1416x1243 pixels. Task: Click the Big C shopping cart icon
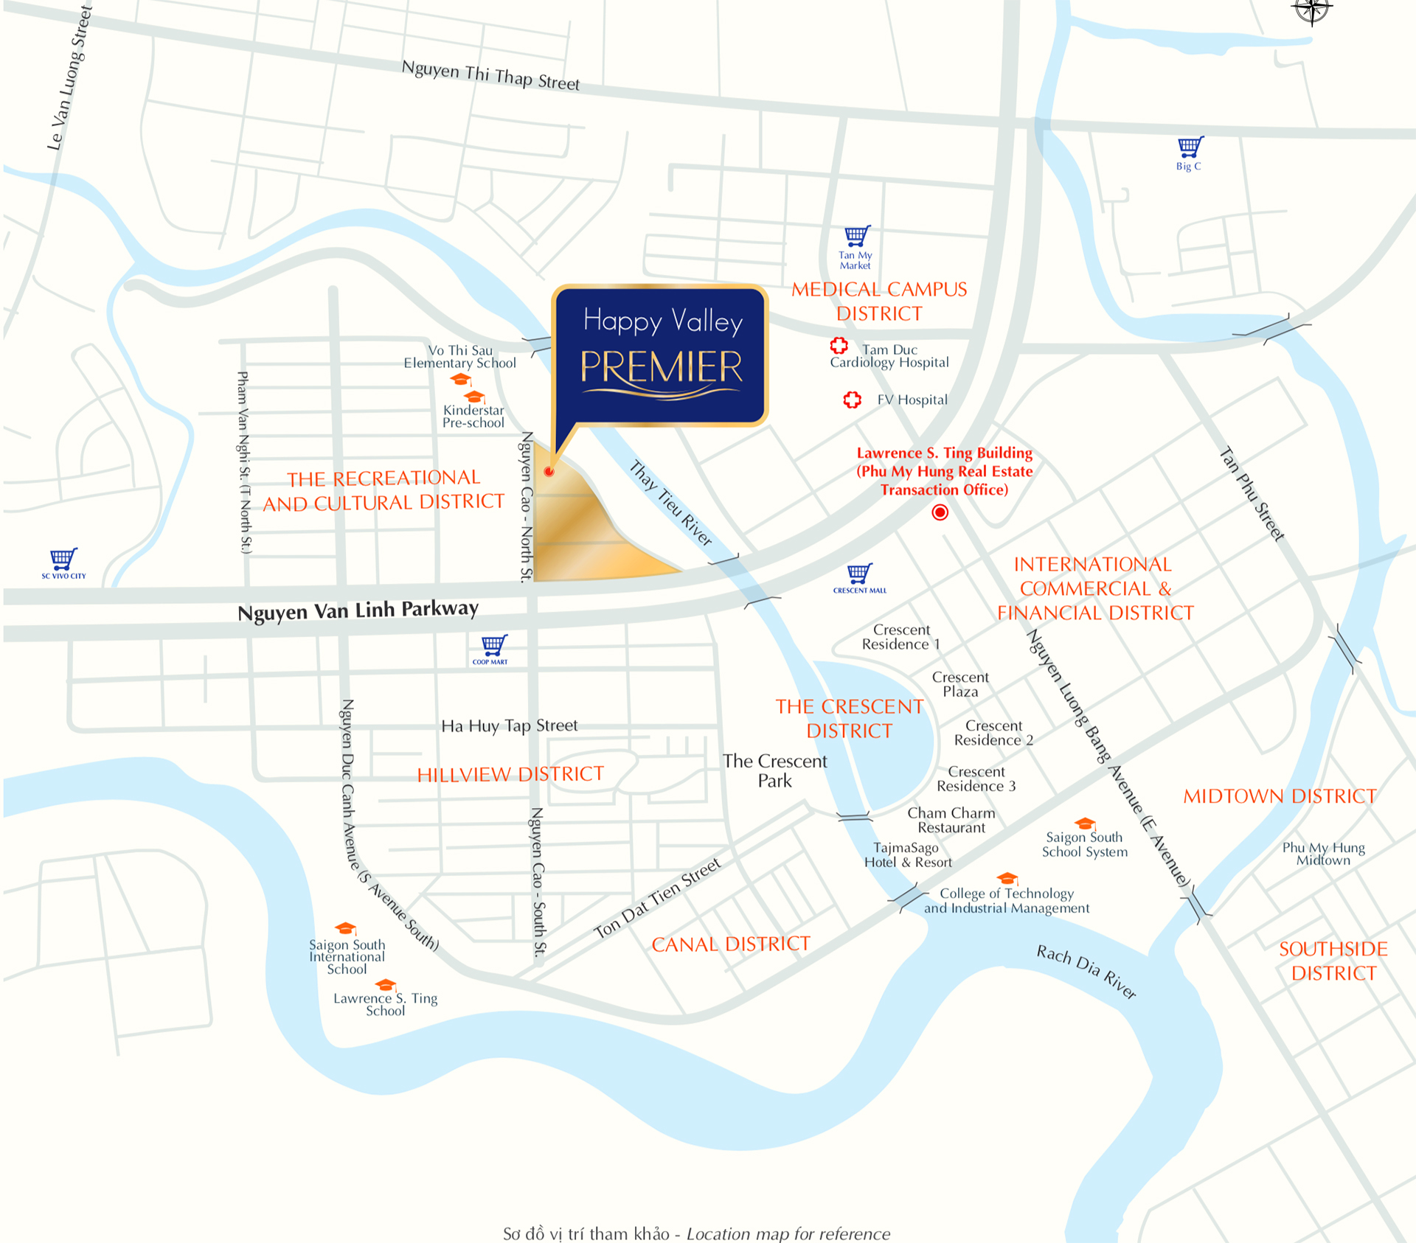coord(1190,147)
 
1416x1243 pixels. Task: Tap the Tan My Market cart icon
coord(856,236)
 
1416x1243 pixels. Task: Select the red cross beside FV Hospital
coord(852,400)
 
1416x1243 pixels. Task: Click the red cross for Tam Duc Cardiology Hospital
coord(839,345)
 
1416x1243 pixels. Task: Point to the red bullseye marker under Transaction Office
coord(940,512)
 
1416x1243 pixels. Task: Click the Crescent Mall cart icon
coord(859,573)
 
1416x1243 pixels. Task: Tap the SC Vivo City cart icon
coord(63,559)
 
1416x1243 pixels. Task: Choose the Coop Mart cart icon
coord(493,645)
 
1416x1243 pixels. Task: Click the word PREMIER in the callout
coord(662,367)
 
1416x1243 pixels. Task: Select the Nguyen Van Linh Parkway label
coord(358,610)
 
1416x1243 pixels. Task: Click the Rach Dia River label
coord(1086,972)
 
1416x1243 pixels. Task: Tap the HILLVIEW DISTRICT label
coord(510,774)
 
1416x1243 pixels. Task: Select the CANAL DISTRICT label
coord(731,944)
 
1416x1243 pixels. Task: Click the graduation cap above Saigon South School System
coord(1084,824)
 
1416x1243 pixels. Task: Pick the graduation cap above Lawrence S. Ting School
coord(385,985)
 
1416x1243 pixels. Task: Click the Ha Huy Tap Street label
coord(510,726)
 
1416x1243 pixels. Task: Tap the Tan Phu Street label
coord(1252,494)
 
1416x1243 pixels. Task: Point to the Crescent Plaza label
coord(960,684)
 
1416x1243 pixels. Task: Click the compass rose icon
coord(1311,10)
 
